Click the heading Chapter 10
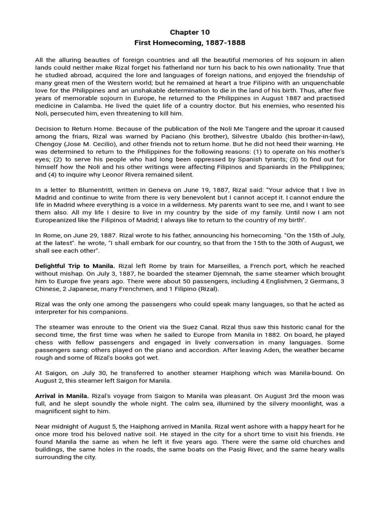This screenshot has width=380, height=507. pos(190,32)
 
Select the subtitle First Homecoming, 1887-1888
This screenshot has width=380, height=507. pos(190,43)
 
